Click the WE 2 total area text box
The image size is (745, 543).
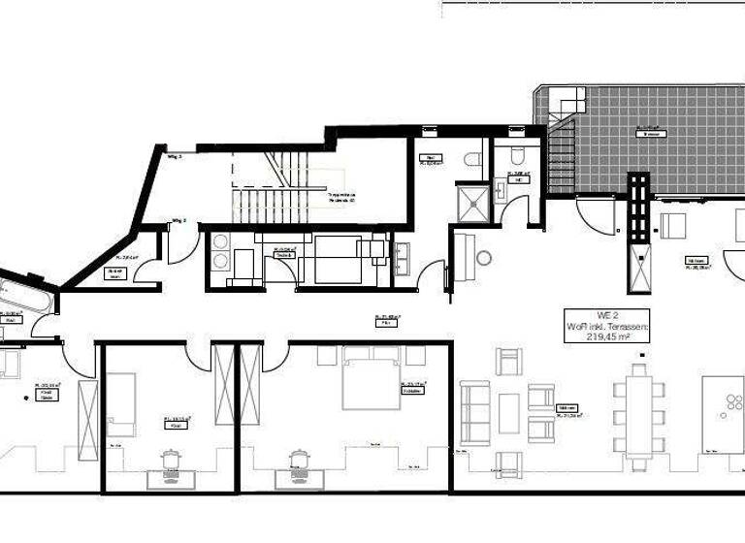607,328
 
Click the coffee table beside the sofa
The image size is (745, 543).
508,412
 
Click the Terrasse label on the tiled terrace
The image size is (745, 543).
649,134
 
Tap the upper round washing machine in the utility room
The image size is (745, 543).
219,241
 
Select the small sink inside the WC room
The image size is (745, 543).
501,189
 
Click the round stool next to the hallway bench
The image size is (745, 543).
483,258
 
